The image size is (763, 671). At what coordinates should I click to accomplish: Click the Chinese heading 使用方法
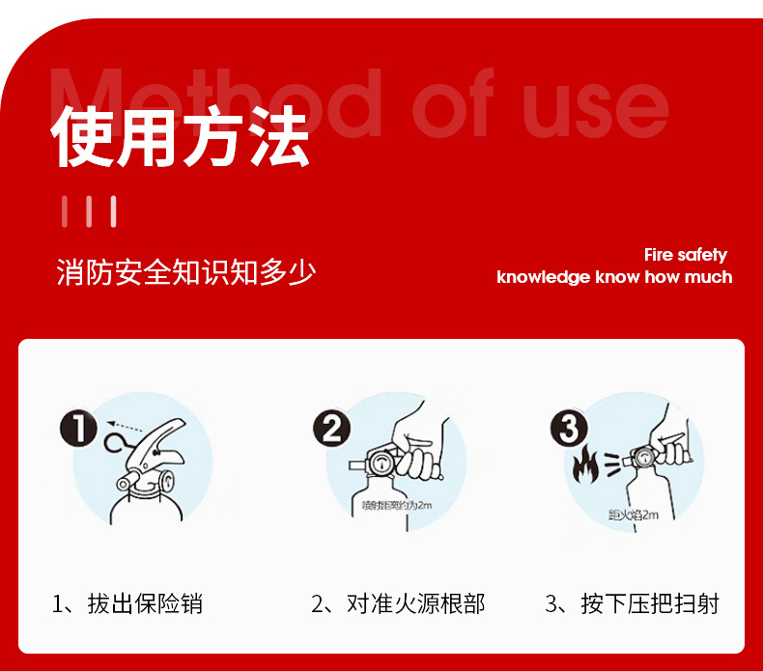pyautogui.click(x=182, y=138)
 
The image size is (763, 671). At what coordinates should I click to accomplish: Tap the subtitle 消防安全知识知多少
pyautogui.click(x=186, y=272)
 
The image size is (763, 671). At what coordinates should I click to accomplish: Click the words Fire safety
pyautogui.click(x=685, y=255)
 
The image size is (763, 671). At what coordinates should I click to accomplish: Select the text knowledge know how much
pyautogui.click(x=614, y=278)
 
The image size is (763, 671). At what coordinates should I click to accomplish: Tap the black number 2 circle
pyautogui.click(x=331, y=427)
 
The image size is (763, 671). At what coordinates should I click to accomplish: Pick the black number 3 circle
pyautogui.click(x=569, y=428)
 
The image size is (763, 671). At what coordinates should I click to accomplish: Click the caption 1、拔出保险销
pyautogui.click(x=127, y=604)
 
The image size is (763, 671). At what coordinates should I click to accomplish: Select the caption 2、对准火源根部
pyautogui.click(x=398, y=604)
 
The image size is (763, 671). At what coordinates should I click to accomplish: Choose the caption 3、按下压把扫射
pyautogui.click(x=632, y=604)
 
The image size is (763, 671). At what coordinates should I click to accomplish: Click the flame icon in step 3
pyautogui.click(x=584, y=465)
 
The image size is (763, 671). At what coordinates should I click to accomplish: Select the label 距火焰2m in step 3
pyautogui.click(x=633, y=514)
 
